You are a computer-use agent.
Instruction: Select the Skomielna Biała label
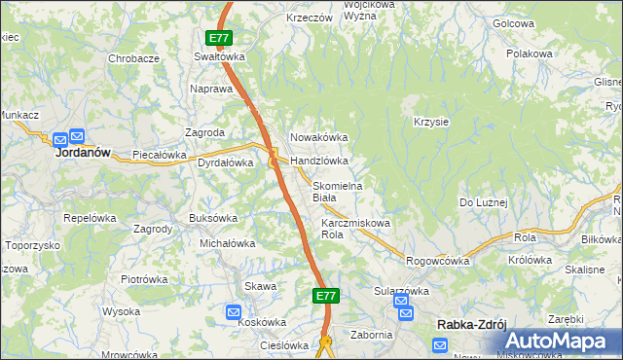coord(337,192)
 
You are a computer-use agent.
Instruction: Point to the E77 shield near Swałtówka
coord(219,39)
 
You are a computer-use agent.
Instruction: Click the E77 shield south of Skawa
coord(326,295)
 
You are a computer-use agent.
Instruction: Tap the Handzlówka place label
coord(319,161)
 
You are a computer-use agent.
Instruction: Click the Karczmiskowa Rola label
coord(355,229)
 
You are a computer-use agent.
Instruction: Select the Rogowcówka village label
coord(438,261)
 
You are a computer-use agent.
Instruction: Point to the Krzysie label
coord(430,122)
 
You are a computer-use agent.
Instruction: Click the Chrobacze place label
coord(133,58)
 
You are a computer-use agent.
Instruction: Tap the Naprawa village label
coord(212,89)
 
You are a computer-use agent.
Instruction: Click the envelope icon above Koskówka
coord(234,312)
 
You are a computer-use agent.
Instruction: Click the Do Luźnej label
coord(484,201)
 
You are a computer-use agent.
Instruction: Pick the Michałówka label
coord(227,243)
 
